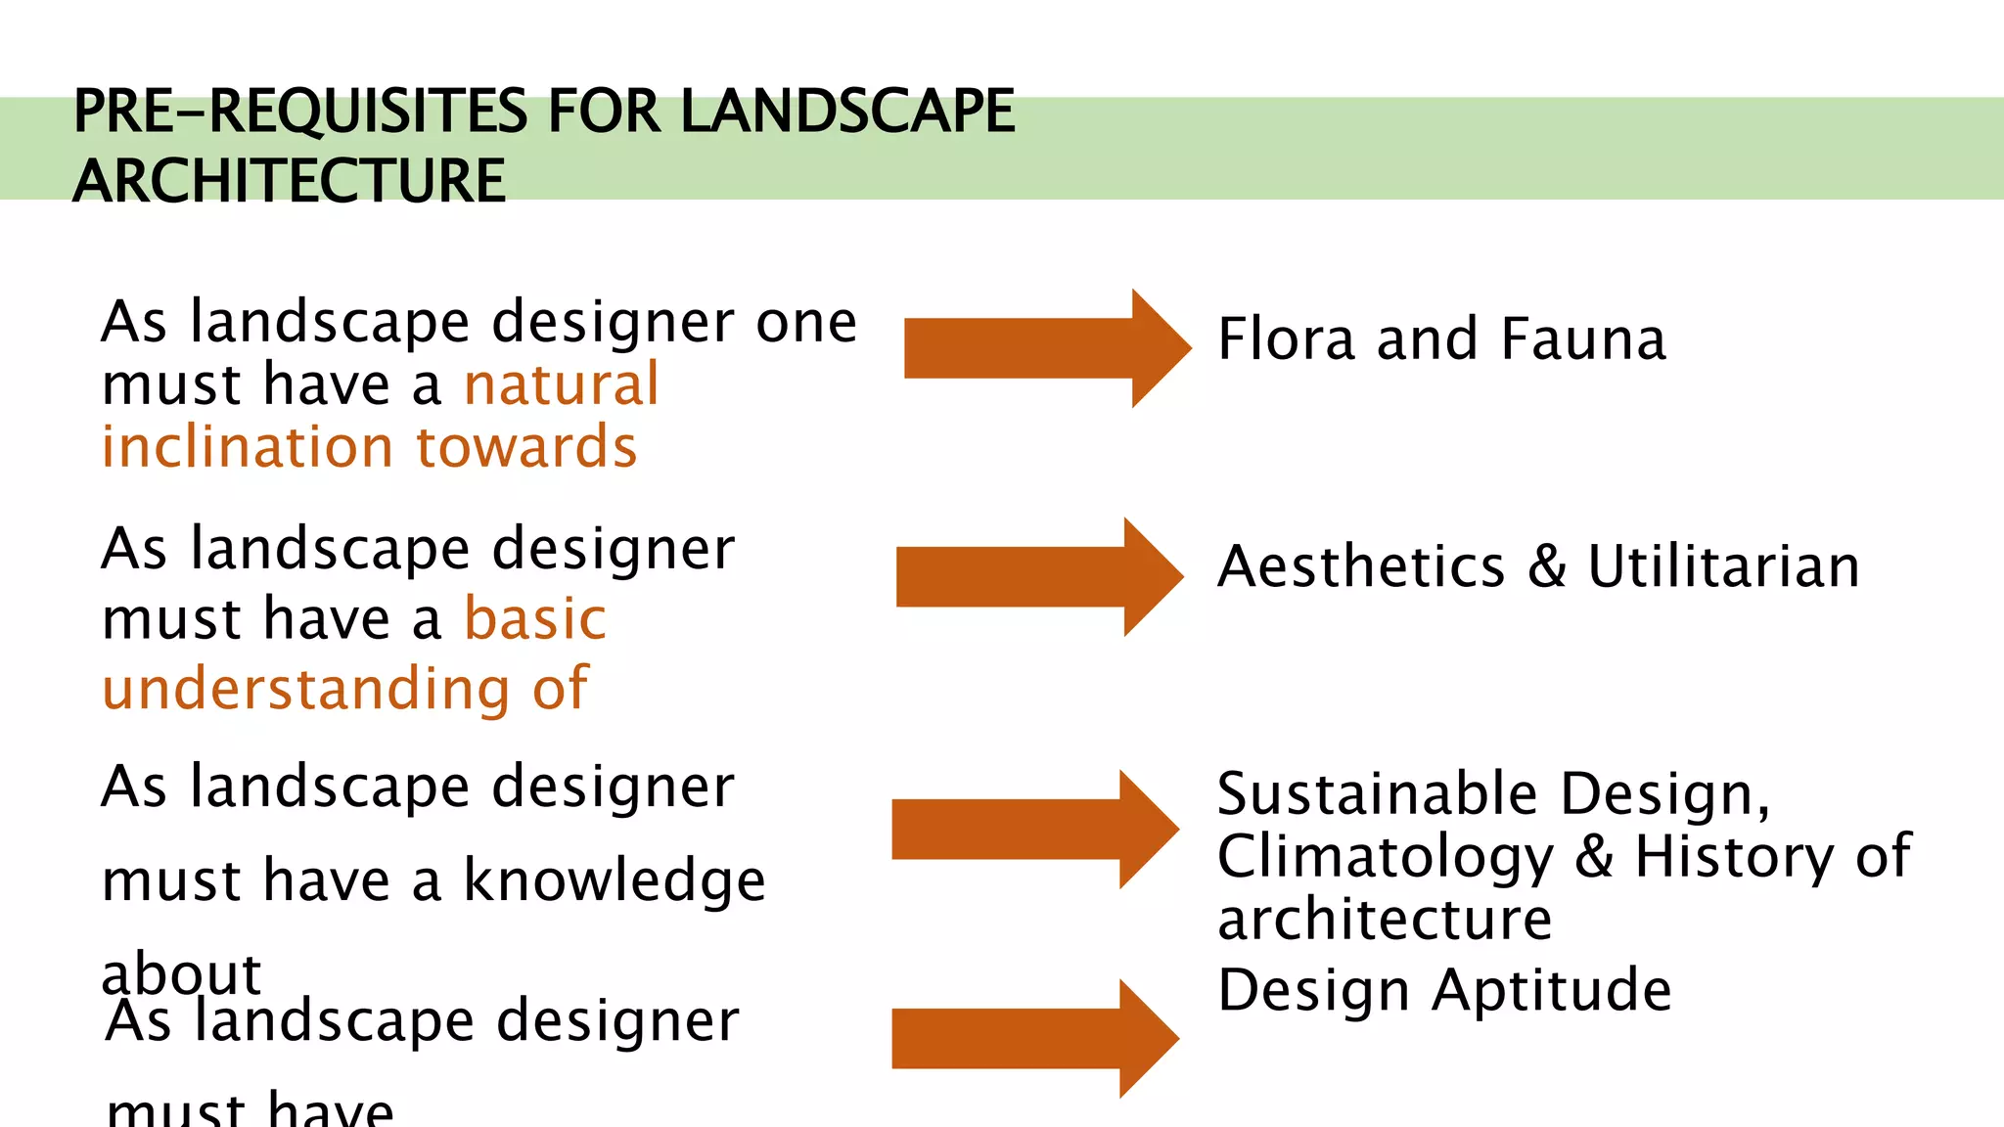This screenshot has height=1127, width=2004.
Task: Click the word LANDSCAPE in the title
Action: point(847,111)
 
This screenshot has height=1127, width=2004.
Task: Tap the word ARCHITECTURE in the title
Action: point(290,181)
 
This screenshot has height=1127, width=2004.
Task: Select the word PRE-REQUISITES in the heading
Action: point(299,111)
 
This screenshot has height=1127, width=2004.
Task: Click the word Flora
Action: point(1287,339)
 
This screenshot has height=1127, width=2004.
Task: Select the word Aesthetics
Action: point(1361,566)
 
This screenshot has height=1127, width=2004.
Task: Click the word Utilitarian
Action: point(1723,566)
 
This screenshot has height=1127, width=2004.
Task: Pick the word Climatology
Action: point(1386,858)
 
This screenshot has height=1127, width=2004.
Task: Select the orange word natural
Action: point(562,384)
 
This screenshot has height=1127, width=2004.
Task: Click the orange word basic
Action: point(535,619)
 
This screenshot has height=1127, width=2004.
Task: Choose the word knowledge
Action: point(614,880)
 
